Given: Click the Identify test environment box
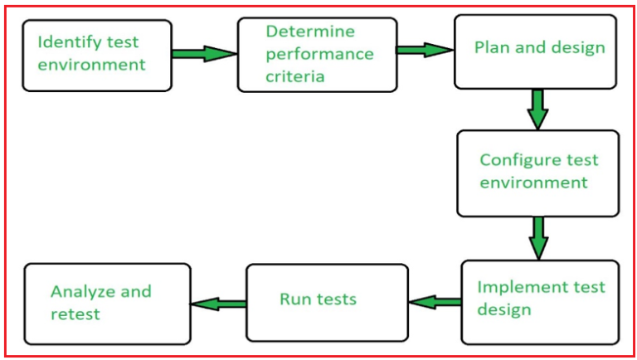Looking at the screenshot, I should tap(97, 56).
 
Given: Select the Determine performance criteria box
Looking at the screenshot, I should tap(317, 55).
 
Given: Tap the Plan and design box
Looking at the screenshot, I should tap(535, 51).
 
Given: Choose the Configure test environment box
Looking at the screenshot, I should tap(537, 173).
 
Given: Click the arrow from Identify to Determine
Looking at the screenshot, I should tap(204, 54).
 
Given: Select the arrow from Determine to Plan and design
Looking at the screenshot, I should tap(424, 50).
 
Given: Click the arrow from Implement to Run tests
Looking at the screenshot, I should tap(435, 302).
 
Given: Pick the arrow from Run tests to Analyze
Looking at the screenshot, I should tap(218, 304).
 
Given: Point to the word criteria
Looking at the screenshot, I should tap(294, 77).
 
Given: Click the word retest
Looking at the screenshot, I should tap(75, 314).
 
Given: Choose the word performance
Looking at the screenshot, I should tap(319, 55).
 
